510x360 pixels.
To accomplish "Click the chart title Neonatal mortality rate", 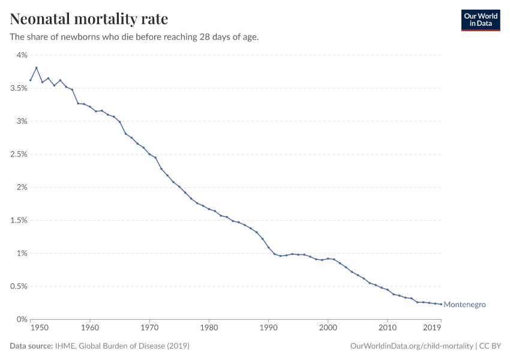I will (x=89, y=19).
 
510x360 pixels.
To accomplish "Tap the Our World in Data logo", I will (x=480, y=20).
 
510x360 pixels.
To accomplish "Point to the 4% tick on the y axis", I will (x=22, y=55).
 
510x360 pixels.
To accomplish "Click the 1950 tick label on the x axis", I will (x=40, y=328).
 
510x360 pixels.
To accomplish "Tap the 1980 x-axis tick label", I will (x=209, y=328).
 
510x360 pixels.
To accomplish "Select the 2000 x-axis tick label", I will (x=328, y=328).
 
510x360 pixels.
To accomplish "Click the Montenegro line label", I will (x=464, y=305).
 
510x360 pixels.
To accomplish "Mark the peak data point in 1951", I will (x=37, y=68).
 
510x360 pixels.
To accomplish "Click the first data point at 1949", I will (x=31, y=80).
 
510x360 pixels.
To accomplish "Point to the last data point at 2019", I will (x=441, y=304).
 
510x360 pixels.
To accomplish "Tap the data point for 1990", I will (x=268, y=247).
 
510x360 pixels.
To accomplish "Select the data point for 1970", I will (x=149, y=154).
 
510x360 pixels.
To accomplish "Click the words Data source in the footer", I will (x=31, y=346).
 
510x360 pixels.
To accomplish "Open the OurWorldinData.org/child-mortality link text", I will (x=411, y=346).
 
